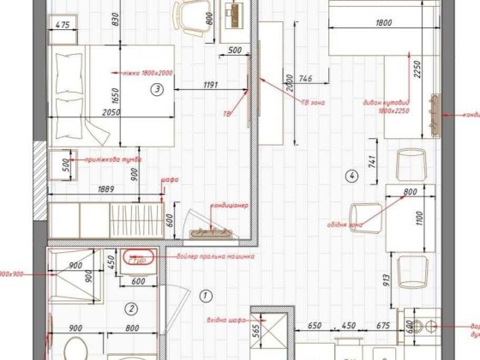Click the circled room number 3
157,88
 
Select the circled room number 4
351,177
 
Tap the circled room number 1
204,295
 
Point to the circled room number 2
131,309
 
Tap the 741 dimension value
370,161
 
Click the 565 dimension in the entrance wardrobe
255,329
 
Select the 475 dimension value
61,26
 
